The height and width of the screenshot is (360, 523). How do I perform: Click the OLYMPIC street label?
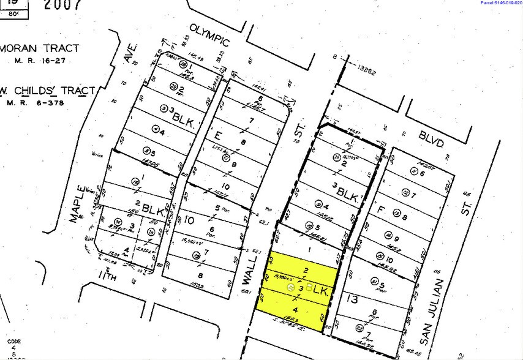point(209,36)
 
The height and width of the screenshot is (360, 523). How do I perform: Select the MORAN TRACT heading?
point(42,47)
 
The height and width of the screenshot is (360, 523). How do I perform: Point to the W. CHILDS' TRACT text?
point(48,91)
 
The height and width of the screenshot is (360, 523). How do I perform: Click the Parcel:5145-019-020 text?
point(500,3)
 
